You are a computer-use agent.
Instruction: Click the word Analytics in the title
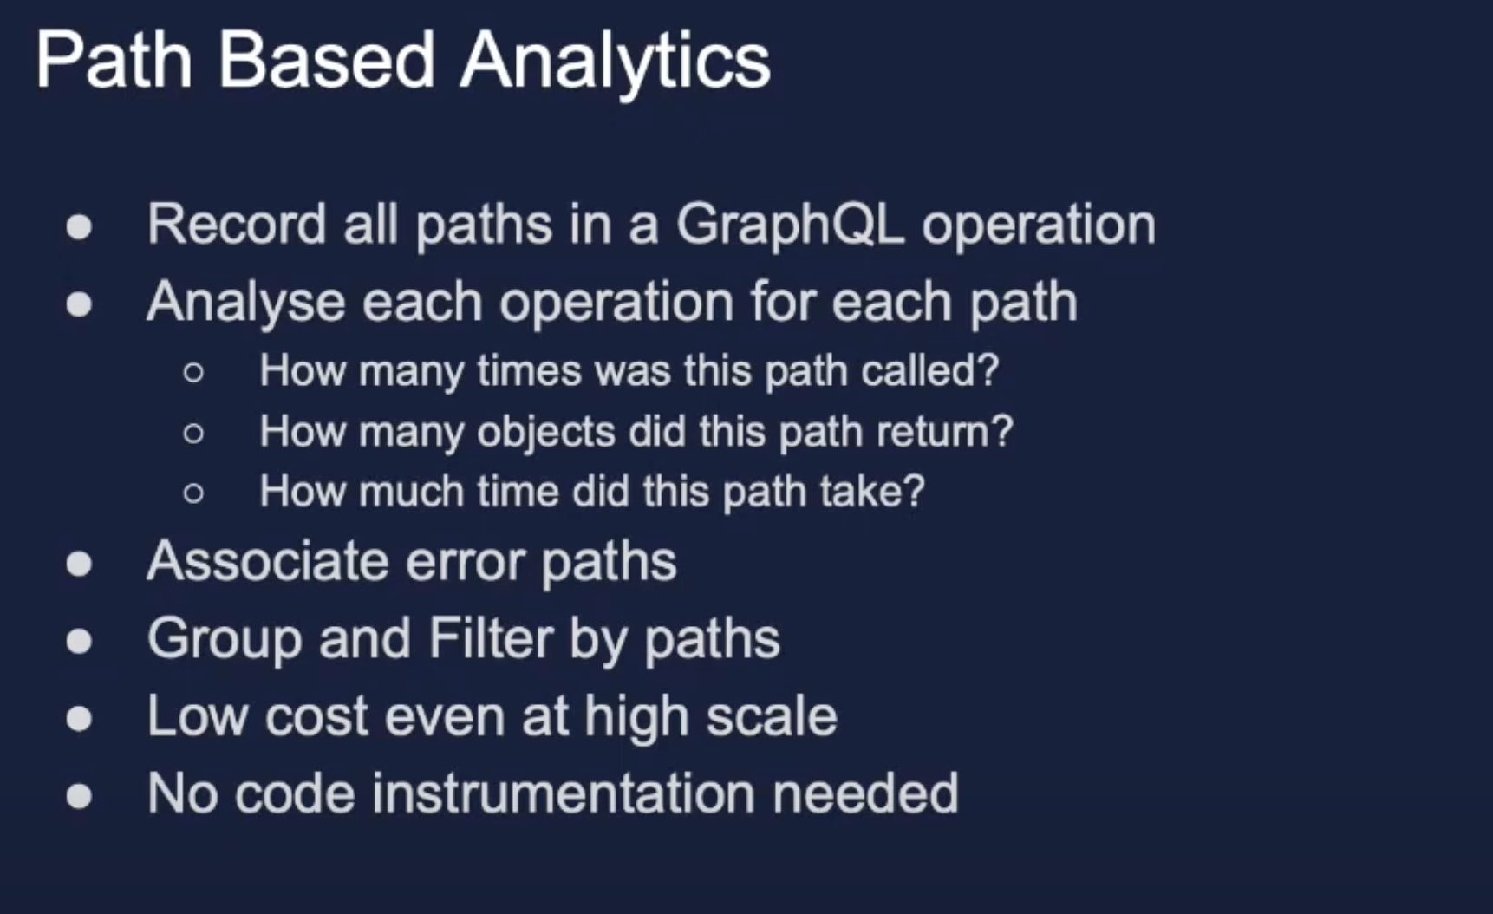[x=616, y=62]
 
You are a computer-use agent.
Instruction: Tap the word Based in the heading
[x=326, y=60]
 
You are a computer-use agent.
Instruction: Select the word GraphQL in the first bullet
[x=790, y=225]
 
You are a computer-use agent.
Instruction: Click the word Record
[x=237, y=224]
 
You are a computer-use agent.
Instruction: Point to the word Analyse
[x=246, y=304]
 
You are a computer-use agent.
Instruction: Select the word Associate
[x=268, y=561]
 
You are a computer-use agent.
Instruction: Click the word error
[x=466, y=562]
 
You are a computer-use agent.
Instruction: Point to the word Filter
[x=491, y=639]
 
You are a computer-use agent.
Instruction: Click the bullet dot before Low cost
[x=79, y=718]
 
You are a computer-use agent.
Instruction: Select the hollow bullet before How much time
[x=193, y=493]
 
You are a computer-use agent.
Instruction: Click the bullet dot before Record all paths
[x=79, y=227]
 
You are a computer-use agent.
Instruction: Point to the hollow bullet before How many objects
[x=193, y=433]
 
